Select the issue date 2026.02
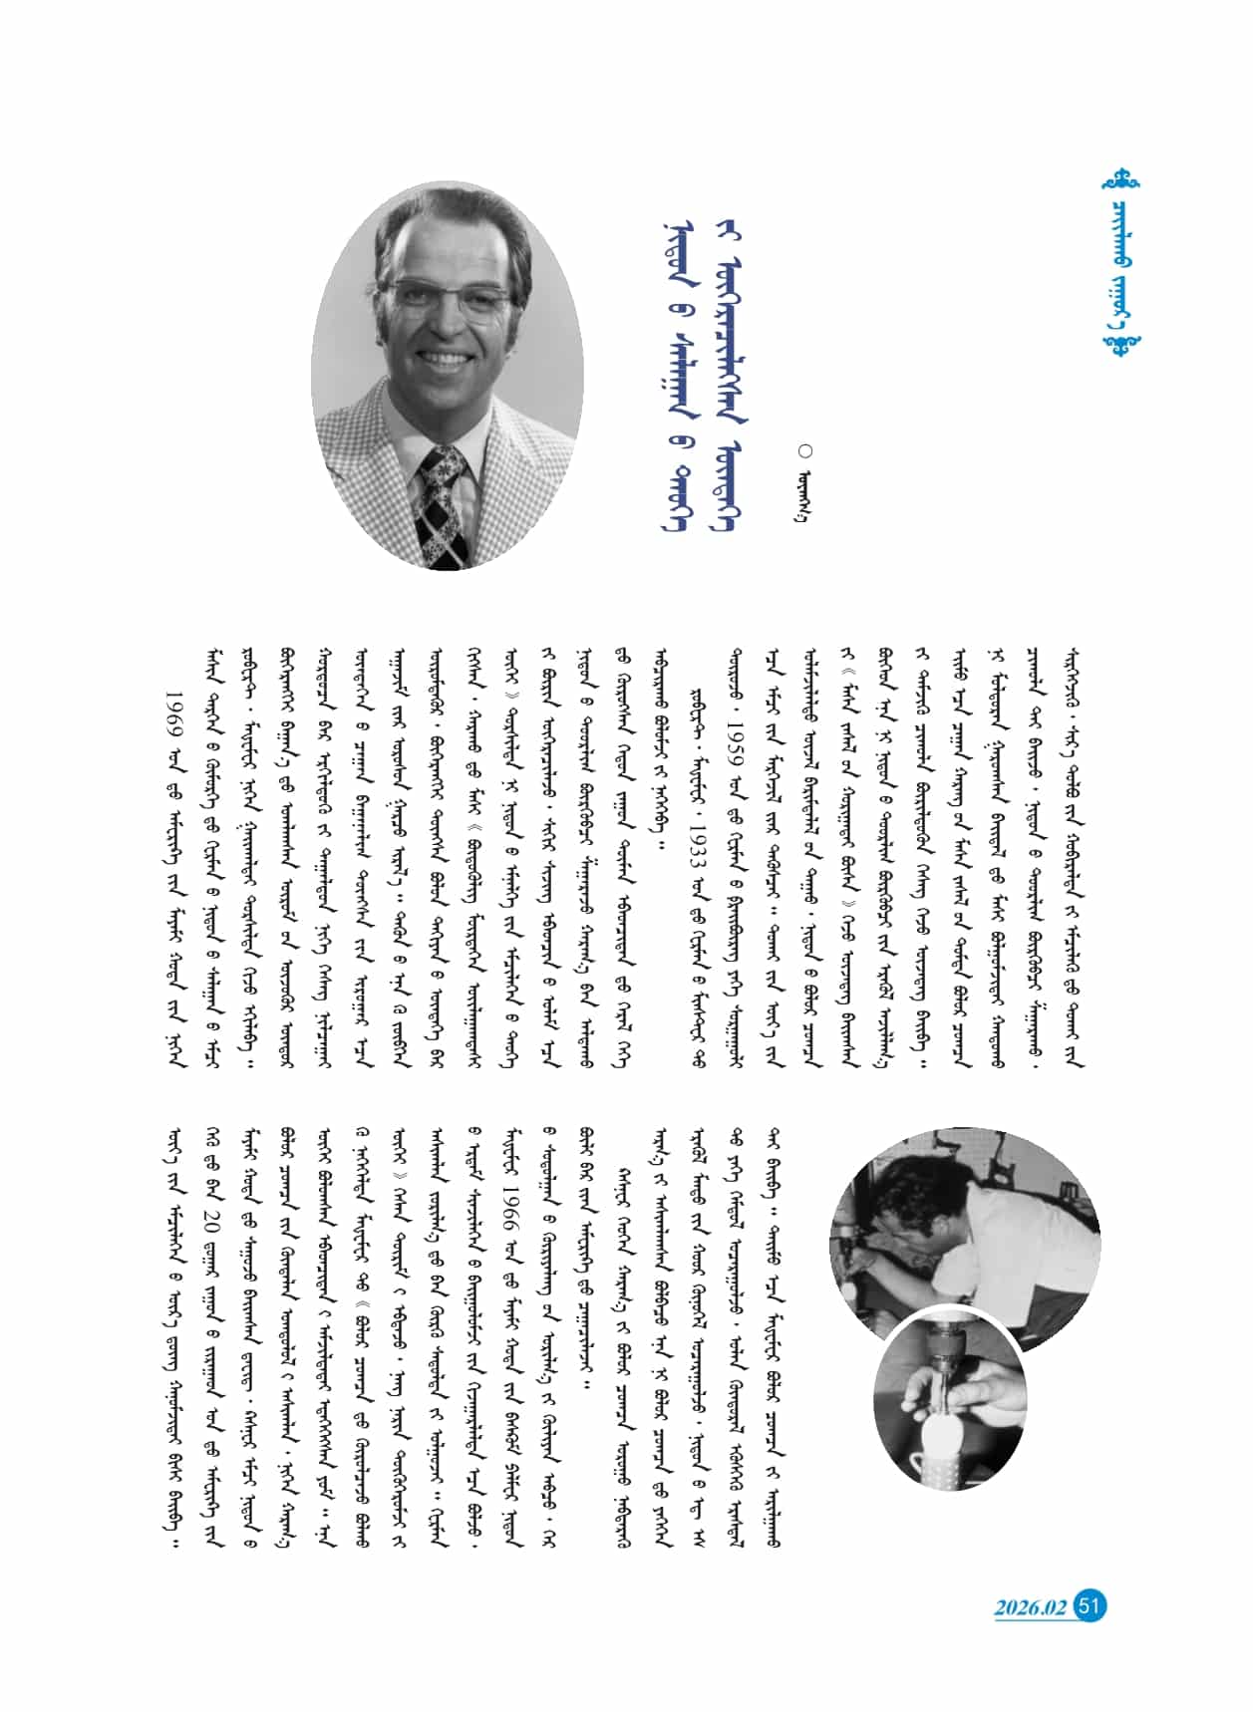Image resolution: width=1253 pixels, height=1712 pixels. (x=1030, y=1608)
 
